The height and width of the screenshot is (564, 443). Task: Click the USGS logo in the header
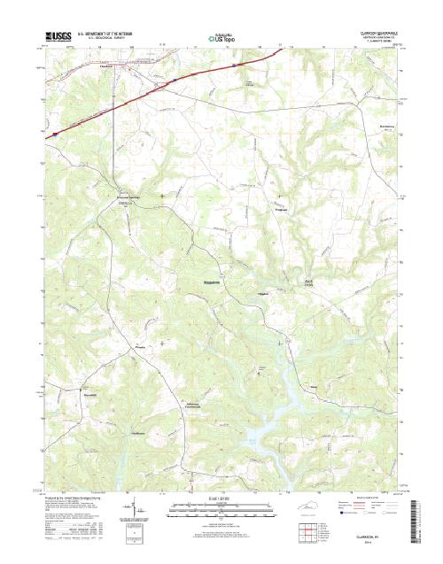click(56, 37)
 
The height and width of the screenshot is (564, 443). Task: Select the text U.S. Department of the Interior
click(109, 34)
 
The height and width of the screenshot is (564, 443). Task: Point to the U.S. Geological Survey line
click(109, 39)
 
